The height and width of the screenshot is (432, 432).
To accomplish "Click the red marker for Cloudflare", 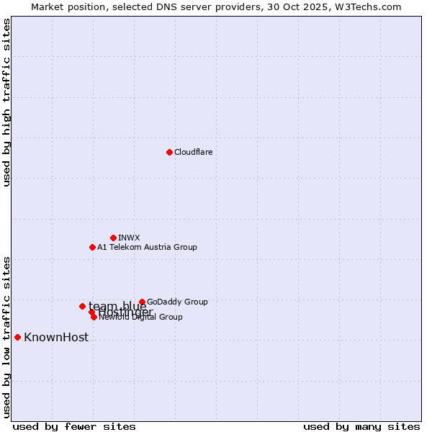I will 169,152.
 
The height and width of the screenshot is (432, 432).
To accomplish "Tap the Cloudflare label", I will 193,152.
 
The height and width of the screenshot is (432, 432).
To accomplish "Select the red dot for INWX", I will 113,238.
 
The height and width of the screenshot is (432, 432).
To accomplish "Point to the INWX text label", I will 129,238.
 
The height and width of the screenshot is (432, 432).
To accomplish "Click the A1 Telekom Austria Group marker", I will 92,247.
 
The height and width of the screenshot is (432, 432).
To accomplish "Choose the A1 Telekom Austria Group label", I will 147,247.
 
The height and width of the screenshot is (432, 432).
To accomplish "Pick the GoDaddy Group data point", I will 142,302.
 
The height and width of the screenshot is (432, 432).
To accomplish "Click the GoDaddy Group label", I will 177,302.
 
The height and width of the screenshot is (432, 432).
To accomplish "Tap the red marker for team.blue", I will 82,306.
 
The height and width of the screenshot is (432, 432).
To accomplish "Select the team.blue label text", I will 117,306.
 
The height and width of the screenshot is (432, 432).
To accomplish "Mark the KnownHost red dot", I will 17,337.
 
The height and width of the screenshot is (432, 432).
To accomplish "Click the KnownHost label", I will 56,337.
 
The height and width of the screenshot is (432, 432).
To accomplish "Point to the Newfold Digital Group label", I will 141,317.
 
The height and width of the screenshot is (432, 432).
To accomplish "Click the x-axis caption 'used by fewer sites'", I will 74,426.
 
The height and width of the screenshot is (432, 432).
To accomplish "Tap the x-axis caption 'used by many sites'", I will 361,426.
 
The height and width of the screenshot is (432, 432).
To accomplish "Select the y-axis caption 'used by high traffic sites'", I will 6,102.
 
